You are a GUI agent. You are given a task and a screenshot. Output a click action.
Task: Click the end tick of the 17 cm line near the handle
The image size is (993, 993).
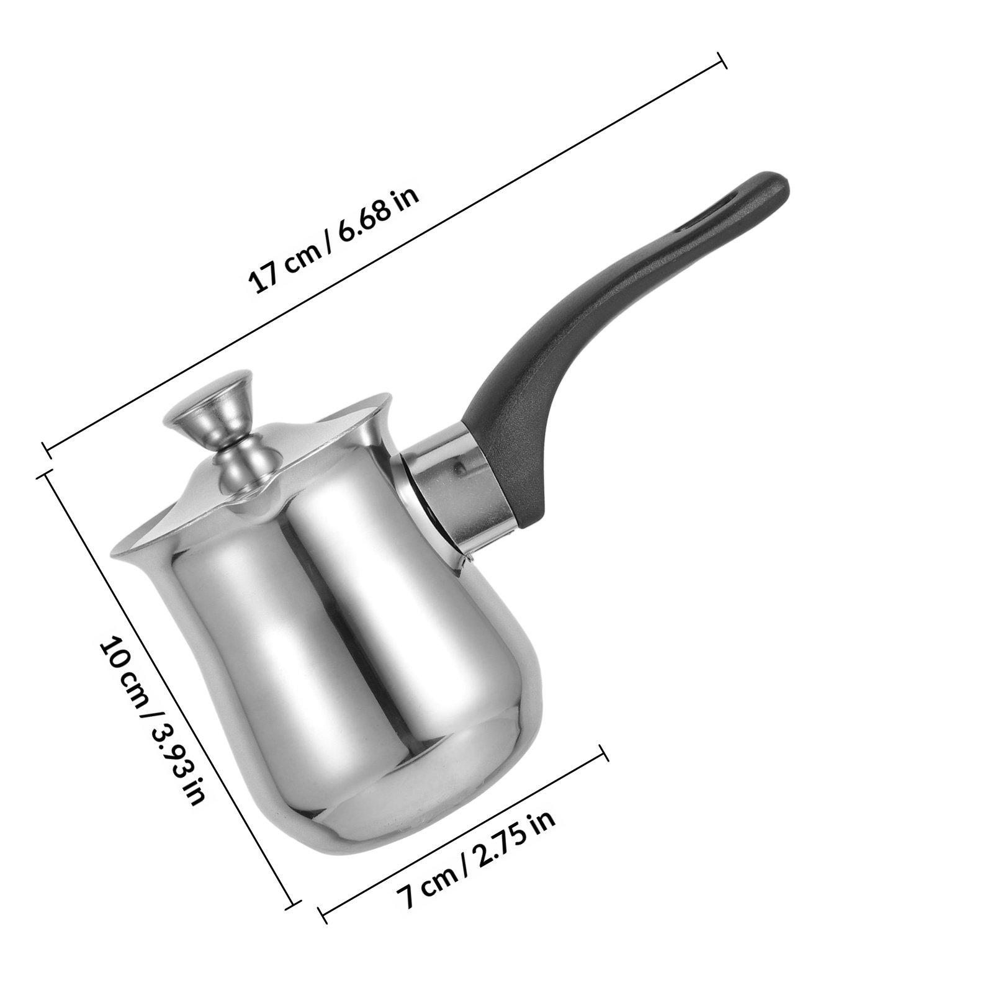click(x=722, y=61)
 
